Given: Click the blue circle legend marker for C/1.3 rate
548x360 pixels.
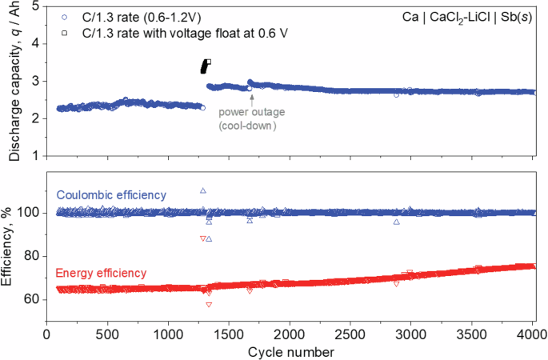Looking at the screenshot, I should (x=63, y=15).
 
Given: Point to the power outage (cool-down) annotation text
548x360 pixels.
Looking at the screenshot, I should (x=252, y=119).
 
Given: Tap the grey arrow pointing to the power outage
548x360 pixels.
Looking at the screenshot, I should (x=251, y=99).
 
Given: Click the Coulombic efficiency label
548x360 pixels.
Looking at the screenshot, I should (x=110, y=194).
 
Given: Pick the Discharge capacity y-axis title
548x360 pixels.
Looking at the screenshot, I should (x=13, y=80).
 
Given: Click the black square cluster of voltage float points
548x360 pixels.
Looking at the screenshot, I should (x=205, y=67).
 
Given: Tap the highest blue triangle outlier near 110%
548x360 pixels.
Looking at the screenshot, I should (x=203, y=190).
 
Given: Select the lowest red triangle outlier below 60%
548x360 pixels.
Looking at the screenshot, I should (x=209, y=305).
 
